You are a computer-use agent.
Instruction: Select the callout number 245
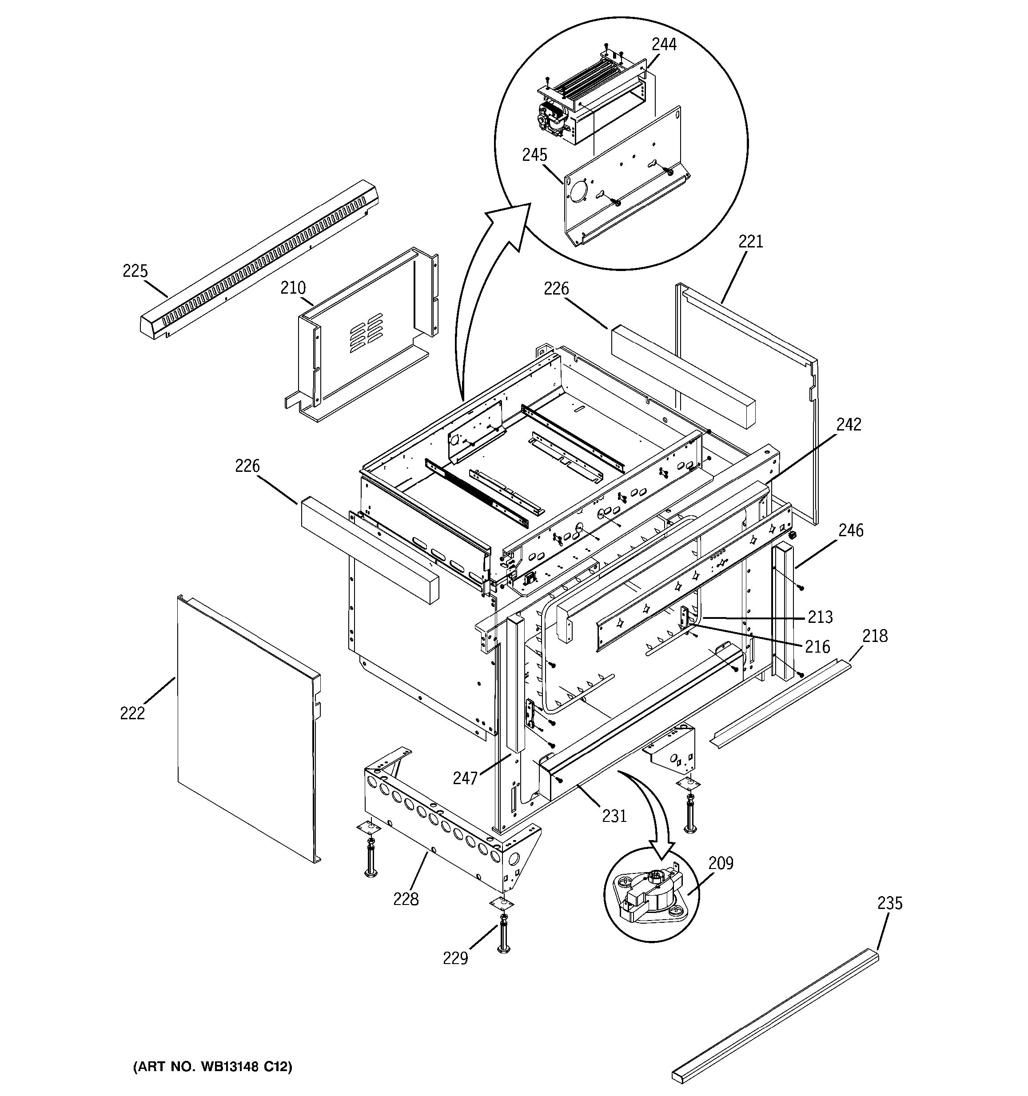[535, 155]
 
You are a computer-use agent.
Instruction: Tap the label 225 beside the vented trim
[135, 271]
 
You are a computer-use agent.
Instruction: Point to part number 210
[293, 288]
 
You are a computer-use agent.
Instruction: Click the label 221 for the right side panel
[751, 242]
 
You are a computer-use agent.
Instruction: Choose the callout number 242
[849, 425]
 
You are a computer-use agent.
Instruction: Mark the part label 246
[850, 530]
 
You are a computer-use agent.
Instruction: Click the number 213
[820, 617]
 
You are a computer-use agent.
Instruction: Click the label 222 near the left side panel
[132, 713]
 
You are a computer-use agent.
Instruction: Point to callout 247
[465, 778]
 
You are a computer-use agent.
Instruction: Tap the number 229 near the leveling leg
[455, 974]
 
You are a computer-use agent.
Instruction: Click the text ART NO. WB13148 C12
[213, 1067]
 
